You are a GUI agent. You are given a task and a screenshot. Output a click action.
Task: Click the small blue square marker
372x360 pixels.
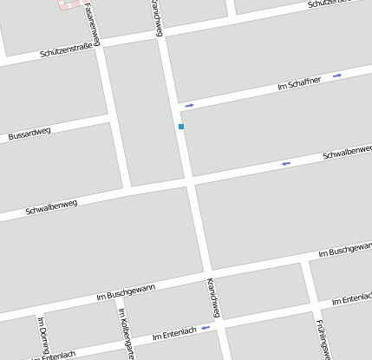[x=181, y=127]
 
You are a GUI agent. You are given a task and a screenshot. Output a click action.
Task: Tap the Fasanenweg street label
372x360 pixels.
[x=92, y=23]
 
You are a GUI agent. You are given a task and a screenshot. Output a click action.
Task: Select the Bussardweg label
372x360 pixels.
[x=29, y=134]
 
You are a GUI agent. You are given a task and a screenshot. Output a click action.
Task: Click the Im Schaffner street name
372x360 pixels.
[x=299, y=83]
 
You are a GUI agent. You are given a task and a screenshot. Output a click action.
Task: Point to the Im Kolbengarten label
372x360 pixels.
[x=127, y=334]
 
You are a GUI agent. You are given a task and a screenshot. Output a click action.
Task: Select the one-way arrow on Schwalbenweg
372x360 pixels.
[x=285, y=162]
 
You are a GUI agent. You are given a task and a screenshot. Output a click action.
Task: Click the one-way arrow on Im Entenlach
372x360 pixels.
[x=206, y=328]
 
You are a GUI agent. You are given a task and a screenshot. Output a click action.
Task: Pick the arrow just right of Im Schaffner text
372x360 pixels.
[x=337, y=75]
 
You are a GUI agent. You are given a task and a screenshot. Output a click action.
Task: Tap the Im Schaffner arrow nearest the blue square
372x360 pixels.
[x=189, y=106]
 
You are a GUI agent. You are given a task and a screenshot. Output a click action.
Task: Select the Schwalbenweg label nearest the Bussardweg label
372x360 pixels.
[x=51, y=208]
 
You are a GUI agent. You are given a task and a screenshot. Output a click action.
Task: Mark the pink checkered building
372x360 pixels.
[x=73, y=4]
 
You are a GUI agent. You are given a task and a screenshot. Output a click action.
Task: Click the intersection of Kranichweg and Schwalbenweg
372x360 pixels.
[x=190, y=180]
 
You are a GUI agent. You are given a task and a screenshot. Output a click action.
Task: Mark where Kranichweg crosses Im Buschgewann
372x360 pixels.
[x=208, y=271]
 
